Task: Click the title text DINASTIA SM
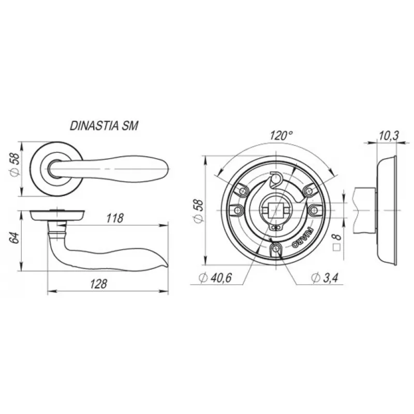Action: click(104, 126)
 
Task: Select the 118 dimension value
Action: click(115, 218)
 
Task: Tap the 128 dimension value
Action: click(98, 284)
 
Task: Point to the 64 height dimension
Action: click(14, 238)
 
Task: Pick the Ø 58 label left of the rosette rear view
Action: click(199, 211)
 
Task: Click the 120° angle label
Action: click(281, 136)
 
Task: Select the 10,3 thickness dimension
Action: click(389, 136)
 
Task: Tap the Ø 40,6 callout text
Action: click(216, 277)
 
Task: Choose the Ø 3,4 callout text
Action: click(324, 277)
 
